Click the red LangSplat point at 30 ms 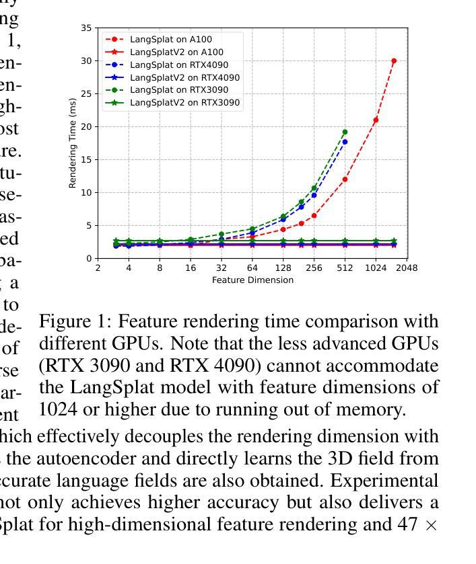pos(394,61)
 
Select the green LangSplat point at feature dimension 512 pos(345,132)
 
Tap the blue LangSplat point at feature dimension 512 pos(345,142)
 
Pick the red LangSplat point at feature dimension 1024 pos(376,120)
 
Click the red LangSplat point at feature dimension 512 pos(345,179)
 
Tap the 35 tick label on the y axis pos(86,28)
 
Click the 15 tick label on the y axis pos(86,159)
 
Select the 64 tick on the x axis pos(252,268)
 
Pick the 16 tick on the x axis pos(191,268)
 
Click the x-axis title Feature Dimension pos(252,280)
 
